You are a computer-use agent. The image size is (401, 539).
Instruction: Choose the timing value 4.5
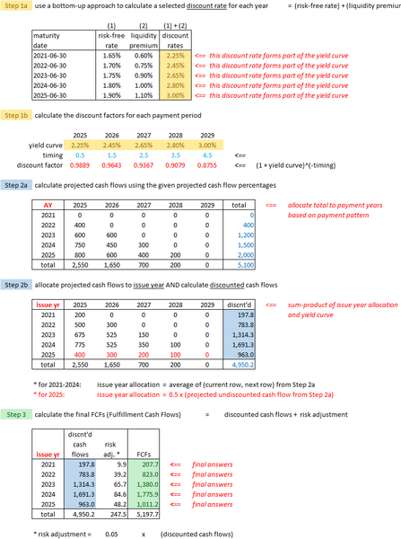pyautogui.click(x=199, y=155)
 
